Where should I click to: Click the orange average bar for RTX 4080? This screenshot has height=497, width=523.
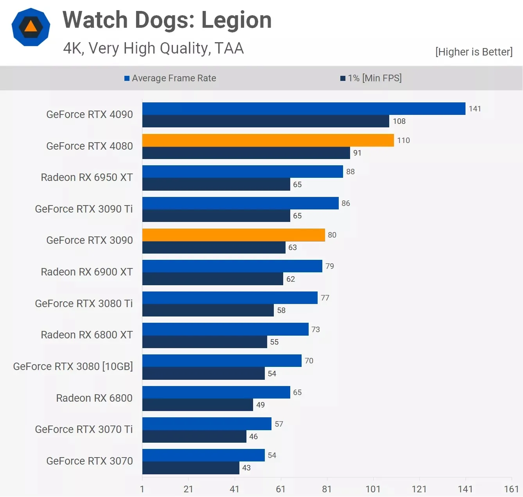(x=268, y=140)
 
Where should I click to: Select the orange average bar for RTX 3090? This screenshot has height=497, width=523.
(x=234, y=235)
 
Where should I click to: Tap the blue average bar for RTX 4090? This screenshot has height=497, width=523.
(x=304, y=109)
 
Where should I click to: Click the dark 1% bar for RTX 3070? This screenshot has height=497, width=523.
(x=191, y=468)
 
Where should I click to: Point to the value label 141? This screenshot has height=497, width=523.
(x=474, y=109)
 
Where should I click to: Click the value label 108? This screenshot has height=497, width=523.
(x=399, y=121)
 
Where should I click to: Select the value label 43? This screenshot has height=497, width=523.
(x=246, y=468)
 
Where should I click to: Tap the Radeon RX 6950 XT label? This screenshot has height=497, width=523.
(x=86, y=177)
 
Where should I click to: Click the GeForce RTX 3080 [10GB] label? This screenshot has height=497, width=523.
(x=73, y=366)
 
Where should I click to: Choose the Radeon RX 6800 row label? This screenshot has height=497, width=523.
(x=94, y=398)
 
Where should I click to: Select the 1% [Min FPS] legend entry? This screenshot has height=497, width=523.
(x=371, y=78)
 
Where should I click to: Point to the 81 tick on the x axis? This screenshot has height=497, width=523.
(x=327, y=489)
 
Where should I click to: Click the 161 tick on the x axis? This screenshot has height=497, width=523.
(x=511, y=489)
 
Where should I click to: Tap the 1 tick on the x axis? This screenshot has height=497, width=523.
(x=142, y=489)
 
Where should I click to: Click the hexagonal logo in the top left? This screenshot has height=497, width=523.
(x=31, y=27)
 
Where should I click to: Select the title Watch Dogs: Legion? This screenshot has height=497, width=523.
(x=167, y=20)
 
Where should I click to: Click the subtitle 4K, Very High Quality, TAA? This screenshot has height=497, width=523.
(x=153, y=48)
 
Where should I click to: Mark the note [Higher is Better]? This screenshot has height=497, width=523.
(x=474, y=52)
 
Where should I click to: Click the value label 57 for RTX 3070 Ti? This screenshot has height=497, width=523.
(x=279, y=424)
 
